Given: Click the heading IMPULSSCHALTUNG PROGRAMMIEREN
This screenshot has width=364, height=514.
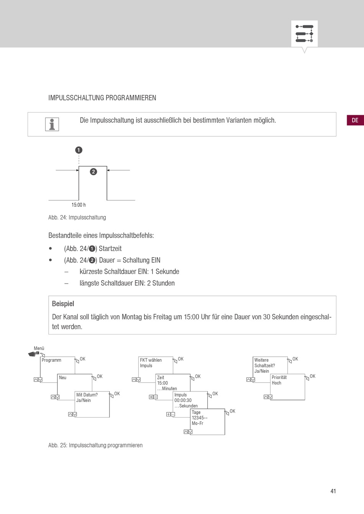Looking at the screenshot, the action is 102,98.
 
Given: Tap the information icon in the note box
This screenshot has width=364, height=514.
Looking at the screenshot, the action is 52,124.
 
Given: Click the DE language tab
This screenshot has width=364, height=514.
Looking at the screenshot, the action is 355,120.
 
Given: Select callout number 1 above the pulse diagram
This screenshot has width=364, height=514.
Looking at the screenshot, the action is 79,150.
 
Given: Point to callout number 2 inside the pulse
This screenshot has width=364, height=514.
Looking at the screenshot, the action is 93,171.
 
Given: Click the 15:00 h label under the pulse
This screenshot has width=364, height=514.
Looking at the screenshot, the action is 79,205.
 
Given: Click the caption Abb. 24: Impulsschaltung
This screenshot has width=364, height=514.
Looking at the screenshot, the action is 77,217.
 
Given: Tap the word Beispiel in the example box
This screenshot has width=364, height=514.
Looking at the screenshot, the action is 63,304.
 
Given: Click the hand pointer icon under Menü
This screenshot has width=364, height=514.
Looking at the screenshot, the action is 34,354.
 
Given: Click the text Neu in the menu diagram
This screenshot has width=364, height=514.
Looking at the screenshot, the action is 62,377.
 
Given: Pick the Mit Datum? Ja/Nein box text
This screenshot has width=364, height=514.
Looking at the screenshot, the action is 87,397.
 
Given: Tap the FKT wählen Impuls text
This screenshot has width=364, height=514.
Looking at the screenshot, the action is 151,363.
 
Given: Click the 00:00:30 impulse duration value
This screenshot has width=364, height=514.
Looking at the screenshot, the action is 183,400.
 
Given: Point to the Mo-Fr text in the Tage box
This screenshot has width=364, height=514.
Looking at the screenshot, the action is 197,423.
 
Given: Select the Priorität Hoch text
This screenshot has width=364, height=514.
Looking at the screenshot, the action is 279,380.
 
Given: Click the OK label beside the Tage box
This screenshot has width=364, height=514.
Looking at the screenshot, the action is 233,411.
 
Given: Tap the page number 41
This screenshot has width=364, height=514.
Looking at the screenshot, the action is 333,491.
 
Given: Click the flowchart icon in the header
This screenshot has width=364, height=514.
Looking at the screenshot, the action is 305,34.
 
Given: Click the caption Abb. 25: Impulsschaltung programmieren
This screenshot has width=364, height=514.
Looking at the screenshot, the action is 95,445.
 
